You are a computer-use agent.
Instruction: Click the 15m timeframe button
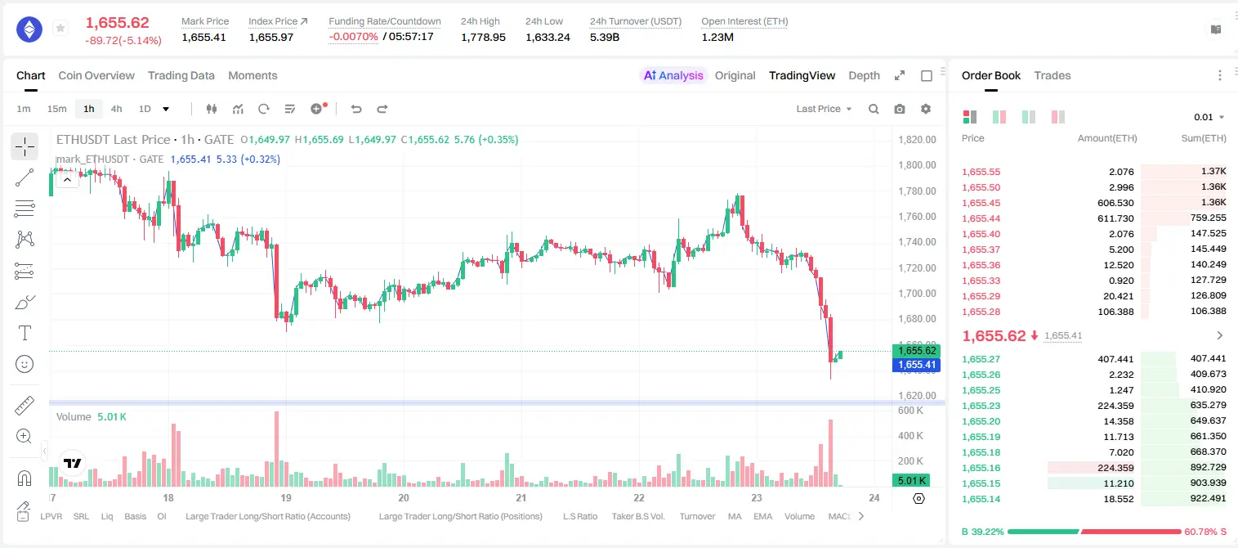[56, 109]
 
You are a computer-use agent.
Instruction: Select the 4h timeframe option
[116, 109]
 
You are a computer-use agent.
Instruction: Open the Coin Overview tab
[96, 75]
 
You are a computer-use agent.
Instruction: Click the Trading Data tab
[181, 75]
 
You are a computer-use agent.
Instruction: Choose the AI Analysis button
[673, 75]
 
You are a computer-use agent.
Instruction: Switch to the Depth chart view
[864, 75]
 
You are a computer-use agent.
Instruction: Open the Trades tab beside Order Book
[1053, 75]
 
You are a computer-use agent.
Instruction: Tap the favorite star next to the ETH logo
[60, 28]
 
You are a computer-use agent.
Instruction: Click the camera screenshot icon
[900, 109]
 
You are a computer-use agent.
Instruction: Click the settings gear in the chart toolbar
[926, 109]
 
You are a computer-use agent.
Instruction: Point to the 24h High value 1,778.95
[483, 37]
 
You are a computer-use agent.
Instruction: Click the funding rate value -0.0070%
[353, 37]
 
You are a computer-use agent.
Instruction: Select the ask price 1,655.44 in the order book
[981, 218]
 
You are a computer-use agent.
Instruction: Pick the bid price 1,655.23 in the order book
[981, 406]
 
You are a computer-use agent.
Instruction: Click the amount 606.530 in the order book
[1115, 203]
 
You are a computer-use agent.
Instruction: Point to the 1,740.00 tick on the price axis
[918, 241]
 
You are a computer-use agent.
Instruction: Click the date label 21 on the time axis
[521, 497]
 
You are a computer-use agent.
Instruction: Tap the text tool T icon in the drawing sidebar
[25, 333]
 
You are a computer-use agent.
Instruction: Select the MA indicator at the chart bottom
[735, 516]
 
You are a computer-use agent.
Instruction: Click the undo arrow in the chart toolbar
[356, 109]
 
